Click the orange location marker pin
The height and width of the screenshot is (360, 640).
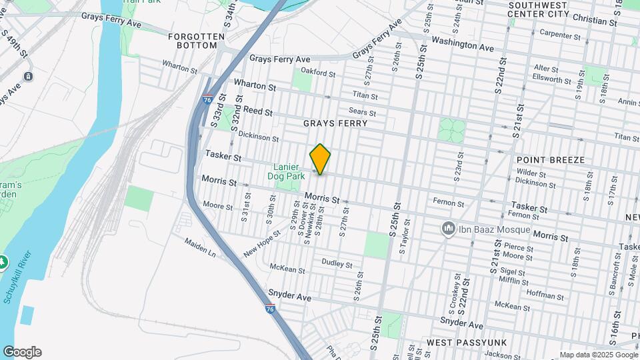[320, 159]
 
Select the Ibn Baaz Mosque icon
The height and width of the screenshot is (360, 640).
[449, 229]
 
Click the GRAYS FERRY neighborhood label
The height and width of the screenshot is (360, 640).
[335, 123]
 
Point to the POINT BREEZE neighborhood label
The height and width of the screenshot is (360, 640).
[550, 160]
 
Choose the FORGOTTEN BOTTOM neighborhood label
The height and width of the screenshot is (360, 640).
[193, 41]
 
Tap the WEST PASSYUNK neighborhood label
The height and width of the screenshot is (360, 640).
[467, 342]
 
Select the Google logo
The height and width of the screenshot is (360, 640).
[22, 352]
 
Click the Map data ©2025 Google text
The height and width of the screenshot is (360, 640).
[598, 355]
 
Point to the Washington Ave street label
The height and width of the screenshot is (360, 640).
[462, 44]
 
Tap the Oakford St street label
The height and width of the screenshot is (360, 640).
[317, 72]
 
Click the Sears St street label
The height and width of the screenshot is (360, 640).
[363, 112]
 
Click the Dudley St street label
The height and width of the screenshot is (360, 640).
[337, 264]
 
